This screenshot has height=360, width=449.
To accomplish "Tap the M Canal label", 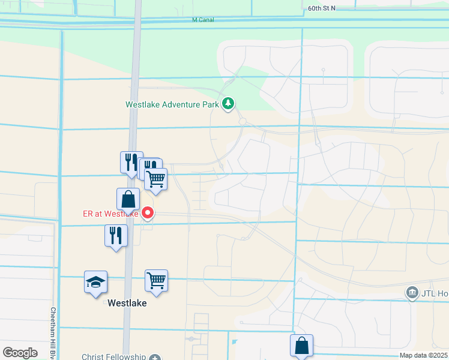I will (x=203, y=20).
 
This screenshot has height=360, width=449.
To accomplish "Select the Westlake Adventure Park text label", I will (x=172, y=104).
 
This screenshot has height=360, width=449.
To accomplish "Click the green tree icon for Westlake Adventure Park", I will (x=228, y=104).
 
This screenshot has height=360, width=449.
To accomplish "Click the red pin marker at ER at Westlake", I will (x=148, y=212).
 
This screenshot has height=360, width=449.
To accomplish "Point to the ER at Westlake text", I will (x=110, y=214).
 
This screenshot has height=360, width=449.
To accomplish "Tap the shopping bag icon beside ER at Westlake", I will (x=128, y=200).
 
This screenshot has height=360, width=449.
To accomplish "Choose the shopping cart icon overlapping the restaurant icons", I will (x=156, y=179).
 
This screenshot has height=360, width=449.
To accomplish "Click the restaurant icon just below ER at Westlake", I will (x=116, y=235).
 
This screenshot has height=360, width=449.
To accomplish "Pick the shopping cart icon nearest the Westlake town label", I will (x=156, y=280).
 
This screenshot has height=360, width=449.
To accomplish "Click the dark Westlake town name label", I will (x=127, y=303).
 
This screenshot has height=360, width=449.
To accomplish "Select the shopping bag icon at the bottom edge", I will (x=301, y=346).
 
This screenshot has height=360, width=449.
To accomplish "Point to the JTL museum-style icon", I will (x=412, y=293).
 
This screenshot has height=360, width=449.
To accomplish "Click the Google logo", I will (x=20, y=353).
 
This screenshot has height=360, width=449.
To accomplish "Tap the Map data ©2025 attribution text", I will (x=423, y=355).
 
